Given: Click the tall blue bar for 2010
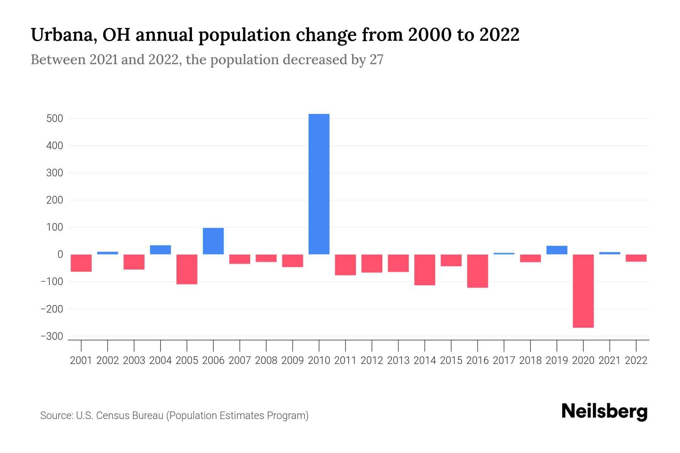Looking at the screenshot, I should [319, 184].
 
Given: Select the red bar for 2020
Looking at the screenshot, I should [583, 291].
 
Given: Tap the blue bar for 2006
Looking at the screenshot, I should [213, 241].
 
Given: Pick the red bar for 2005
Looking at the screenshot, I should [187, 269].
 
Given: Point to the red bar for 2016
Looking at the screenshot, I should [478, 271].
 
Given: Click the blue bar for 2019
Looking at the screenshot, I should [556, 250].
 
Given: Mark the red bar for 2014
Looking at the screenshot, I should [425, 270].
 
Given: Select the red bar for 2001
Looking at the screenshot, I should [81, 263].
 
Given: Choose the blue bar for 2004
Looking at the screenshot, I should [160, 250].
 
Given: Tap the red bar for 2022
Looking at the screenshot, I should [636, 258].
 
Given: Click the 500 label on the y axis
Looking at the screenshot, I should [54, 119].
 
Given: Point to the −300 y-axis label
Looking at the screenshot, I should [52, 336].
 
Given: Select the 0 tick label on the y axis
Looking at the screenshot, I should [60, 254].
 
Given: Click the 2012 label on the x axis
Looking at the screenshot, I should [372, 361].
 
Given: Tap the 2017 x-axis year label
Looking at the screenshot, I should [504, 361].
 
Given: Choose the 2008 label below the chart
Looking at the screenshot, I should [266, 361].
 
